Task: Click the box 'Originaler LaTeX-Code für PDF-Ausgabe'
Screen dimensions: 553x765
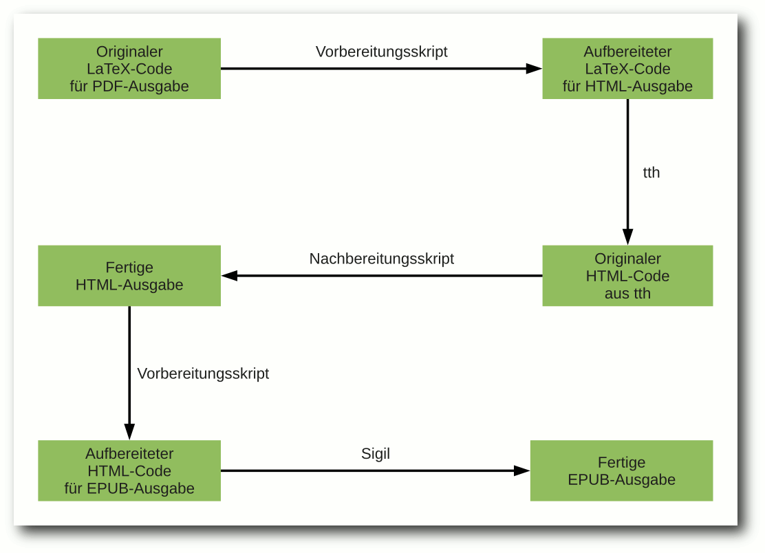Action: click(x=129, y=69)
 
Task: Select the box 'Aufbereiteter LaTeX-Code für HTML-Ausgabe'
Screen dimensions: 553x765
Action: click(x=627, y=69)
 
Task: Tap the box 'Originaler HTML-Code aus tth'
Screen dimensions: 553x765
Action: click(x=627, y=276)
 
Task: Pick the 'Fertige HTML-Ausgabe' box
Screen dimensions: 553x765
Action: click(x=129, y=276)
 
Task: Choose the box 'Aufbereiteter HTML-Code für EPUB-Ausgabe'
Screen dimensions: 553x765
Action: click(x=129, y=471)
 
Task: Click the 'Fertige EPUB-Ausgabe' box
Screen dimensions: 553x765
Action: click(x=622, y=471)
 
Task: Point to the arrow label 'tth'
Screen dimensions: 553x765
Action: click(x=651, y=173)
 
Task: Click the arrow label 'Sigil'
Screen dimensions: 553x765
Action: click(x=376, y=453)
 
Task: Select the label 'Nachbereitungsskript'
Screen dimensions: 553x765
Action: click(x=382, y=259)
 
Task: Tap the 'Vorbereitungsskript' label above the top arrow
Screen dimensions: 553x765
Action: click(x=382, y=52)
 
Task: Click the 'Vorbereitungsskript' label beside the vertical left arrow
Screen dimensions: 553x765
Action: click(x=203, y=373)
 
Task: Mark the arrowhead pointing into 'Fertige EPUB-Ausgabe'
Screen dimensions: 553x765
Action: click(x=522, y=471)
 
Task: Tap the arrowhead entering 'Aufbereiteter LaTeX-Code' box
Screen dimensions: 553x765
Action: click(x=534, y=69)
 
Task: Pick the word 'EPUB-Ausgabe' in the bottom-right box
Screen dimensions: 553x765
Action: click(x=622, y=479)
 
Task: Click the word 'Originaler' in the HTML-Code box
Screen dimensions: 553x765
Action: click(x=627, y=259)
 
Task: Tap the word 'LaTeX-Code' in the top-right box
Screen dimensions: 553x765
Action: click(x=627, y=69)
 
